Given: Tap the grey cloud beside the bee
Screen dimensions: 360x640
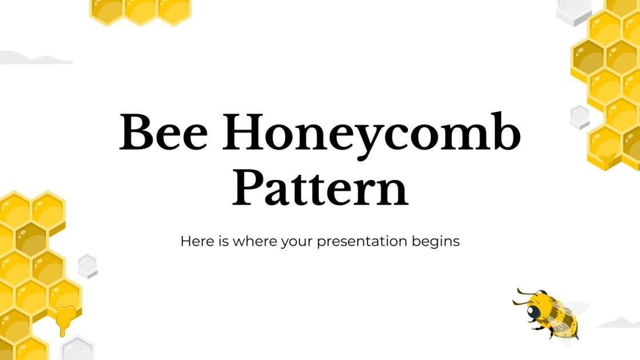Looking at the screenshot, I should (618, 323).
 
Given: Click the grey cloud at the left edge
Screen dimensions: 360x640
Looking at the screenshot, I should (31, 58).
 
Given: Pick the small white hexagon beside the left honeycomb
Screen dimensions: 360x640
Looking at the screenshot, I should (87, 266).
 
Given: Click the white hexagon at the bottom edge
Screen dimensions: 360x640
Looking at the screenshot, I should (77, 349).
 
